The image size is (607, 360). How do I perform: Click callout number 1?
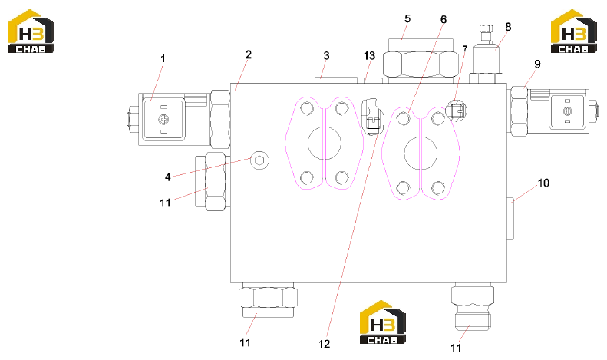pyautogui.click(x=163, y=58)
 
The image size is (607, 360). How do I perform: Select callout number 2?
pyautogui.click(x=249, y=54)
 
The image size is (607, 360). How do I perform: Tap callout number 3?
pyautogui.click(x=326, y=56)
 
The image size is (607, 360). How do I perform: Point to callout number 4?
pyautogui.click(x=167, y=177)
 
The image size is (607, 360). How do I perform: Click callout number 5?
pyautogui.click(x=407, y=18)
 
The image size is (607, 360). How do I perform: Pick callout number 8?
pyautogui.click(x=508, y=27)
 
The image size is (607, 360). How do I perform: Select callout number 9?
pyautogui.click(x=537, y=64)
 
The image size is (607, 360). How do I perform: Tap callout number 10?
pyautogui.click(x=543, y=183)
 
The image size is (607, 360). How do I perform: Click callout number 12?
pyautogui.click(x=325, y=344)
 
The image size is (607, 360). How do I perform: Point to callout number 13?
pyautogui.click(x=369, y=56)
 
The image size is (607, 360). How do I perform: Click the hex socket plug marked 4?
pyautogui.click(x=259, y=160)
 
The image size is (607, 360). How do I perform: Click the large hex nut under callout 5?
pyautogui.click(x=421, y=64)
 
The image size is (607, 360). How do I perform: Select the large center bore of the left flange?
pyautogui.click(x=325, y=143)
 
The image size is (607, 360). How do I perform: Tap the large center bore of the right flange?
pyautogui.click(x=421, y=153)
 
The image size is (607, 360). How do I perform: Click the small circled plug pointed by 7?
pyautogui.click(x=457, y=111)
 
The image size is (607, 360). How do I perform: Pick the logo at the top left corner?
pyautogui.click(x=31, y=31)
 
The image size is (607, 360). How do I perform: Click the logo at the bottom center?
pyautogui.click(x=383, y=322)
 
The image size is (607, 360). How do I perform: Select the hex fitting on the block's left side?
pyautogui.click(x=215, y=182)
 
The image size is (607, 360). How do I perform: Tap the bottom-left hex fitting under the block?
pyautogui.click(x=268, y=300)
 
